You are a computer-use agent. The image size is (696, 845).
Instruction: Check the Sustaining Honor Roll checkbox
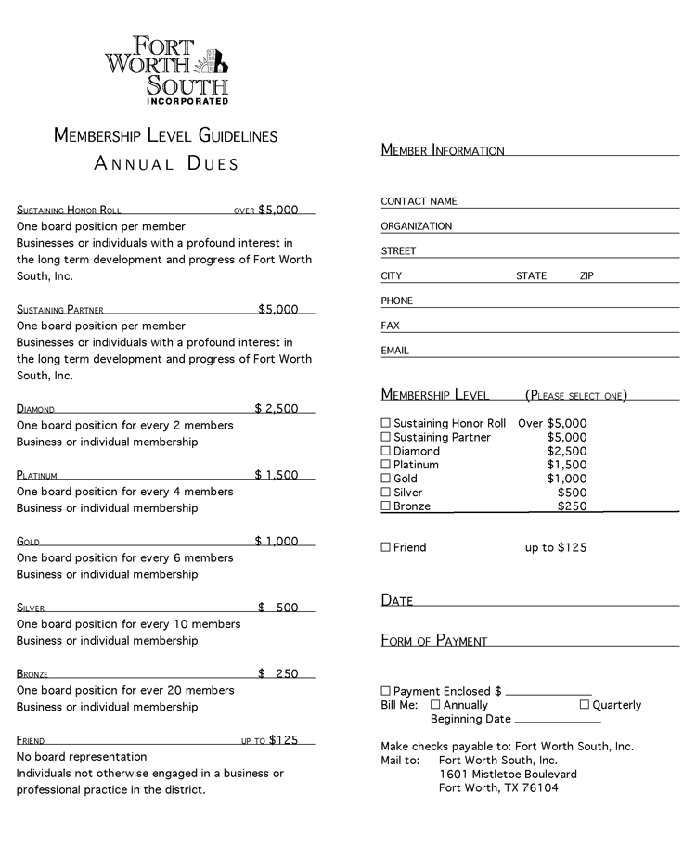click(x=386, y=423)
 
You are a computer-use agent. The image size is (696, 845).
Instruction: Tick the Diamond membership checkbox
click(x=386, y=451)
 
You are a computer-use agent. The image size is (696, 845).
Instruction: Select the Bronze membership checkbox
click(x=386, y=506)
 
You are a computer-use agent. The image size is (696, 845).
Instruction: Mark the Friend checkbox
click(x=386, y=547)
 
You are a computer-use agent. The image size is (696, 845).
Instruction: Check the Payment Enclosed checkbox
click(x=386, y=691)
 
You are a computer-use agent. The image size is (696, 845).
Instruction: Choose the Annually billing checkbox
click(x=435, y=705)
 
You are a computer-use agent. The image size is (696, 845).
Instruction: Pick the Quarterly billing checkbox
click(x=585, y=705)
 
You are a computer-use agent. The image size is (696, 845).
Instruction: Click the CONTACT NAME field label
click(x=419, y=201)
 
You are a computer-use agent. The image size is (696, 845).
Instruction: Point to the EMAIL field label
click(x=394, y=351)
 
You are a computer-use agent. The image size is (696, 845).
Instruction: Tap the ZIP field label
click(x=586, y=276)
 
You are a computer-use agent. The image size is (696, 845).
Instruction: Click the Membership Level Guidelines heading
click(x=165, y=135)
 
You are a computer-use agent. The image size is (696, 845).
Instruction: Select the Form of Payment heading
click(x=434, y=640)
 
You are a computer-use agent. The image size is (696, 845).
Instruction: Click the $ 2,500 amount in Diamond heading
click(x=277, y=408)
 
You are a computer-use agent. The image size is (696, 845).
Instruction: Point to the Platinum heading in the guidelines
click(x=37, y=476)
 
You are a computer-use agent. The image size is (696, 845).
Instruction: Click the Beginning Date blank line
click(x=558, y=720)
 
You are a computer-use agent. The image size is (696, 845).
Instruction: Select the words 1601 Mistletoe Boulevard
click(x=508, y=775)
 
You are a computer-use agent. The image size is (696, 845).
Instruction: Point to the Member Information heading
click(x=443, y=150)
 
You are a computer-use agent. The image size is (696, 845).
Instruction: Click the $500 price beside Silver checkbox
click(x=572, y=493)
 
